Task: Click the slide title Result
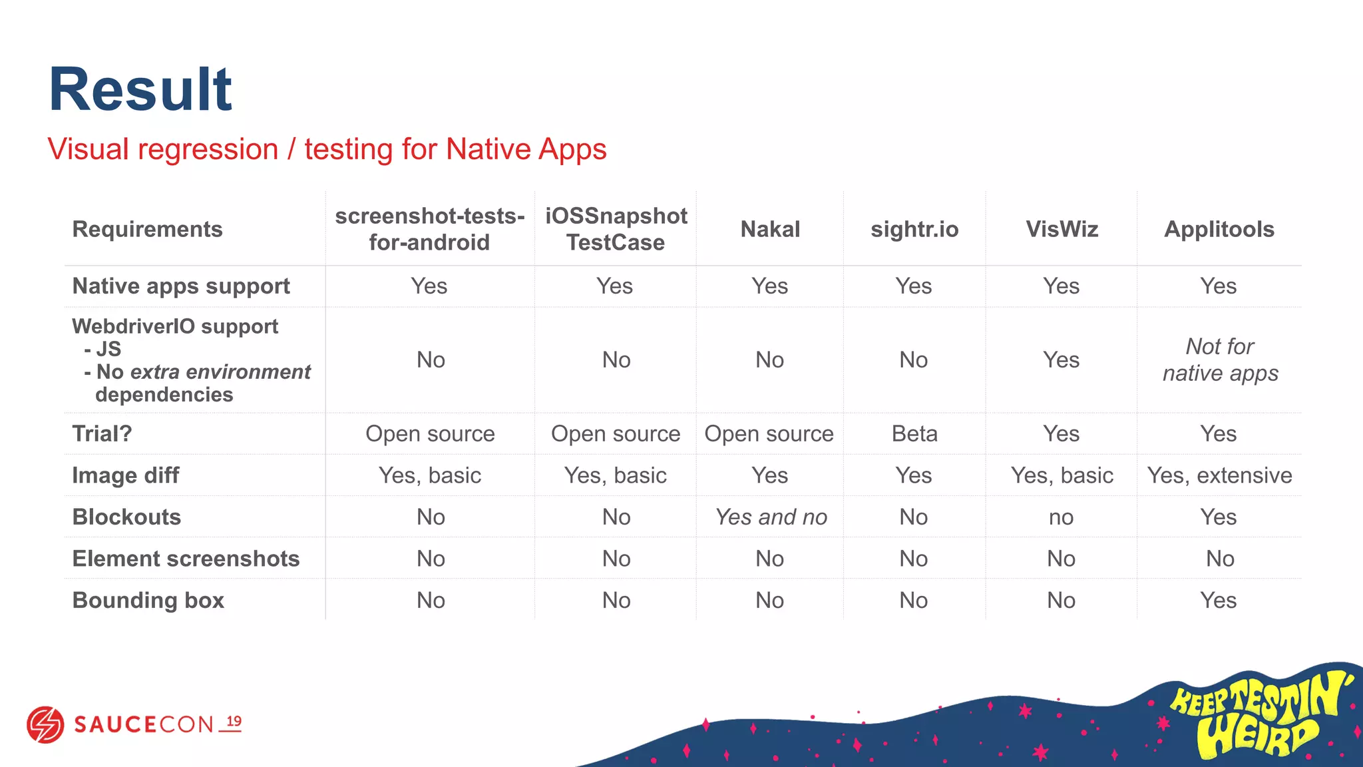[140, 90]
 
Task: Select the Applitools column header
[1219, 229]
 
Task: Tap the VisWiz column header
[1062, 229]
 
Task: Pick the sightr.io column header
[914, 229]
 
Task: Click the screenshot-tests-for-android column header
[430, 229]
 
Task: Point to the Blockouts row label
[126, 517]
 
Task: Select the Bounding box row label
[148, 601]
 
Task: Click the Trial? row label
[102, 434]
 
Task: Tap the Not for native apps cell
[1220, 360]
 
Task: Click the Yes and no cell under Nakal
[771, 517]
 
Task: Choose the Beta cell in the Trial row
[914, 434]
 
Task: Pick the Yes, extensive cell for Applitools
[1219, 475]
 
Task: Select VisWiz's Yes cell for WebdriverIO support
[1061, 360]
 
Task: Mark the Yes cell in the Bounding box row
[1218, 601]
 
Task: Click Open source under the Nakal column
[769, 434]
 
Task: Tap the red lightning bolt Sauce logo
[45, 724]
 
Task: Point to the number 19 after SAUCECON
[234, 722]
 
